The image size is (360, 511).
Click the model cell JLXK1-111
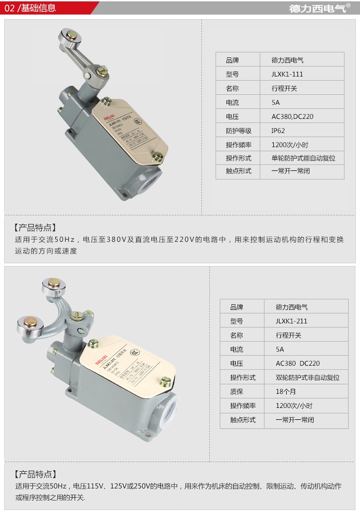point(287,74)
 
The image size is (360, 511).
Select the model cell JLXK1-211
point(291,321)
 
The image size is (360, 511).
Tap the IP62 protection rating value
point(278,131)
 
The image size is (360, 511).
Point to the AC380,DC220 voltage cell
point(293,117)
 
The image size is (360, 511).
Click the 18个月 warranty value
point(286,392)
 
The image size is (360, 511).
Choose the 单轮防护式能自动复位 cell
point(303,158)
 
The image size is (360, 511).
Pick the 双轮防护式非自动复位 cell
point(308,378)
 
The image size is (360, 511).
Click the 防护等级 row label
point(238,131)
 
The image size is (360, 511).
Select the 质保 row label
point(237,392)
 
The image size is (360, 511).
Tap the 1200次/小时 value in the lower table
point(294,406)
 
